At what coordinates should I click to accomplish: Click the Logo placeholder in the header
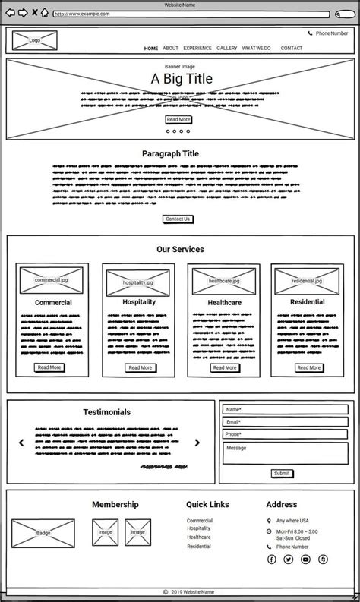coord(34,40)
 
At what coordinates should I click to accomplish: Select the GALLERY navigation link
coord(226,48)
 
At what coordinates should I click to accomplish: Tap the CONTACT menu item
coord(291,48)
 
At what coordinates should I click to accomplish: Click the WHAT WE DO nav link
coord(256,48)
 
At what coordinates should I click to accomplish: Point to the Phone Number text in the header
coord(332,33)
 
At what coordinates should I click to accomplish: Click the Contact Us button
coord(178,219)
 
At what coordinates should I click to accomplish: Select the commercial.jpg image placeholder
coord(52,279)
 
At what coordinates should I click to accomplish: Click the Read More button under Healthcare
coord(225,367)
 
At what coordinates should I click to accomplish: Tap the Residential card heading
coord(308,302)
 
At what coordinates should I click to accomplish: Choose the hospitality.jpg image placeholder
coord(138,282)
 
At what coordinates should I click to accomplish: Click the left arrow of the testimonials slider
coord(21,443)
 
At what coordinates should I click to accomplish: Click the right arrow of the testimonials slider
coord(197,443)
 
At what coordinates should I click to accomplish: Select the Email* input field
coord(285,421)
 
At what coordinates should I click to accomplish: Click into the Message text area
coord(285,453)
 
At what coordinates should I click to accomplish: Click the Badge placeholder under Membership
coord(43,533)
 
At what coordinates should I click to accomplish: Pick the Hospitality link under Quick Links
coord(199,528)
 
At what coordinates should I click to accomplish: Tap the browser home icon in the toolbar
coord(45,13)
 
